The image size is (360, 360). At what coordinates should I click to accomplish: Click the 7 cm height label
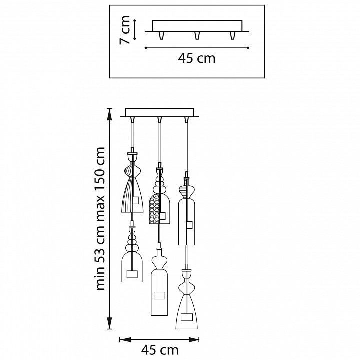tap(124, 30)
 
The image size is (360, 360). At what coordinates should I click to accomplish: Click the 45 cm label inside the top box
tap(197, 58)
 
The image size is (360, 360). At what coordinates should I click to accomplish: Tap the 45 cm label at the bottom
tap(160, 350)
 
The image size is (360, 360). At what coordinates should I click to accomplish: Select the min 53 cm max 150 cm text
tap(100, 218)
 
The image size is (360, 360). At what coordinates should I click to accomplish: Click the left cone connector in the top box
tap(162, 35)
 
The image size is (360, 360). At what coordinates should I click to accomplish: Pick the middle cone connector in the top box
tap(197, 35)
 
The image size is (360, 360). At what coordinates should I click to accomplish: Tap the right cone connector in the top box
tap(232, 35)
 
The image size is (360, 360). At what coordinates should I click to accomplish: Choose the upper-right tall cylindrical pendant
tap(186, 213)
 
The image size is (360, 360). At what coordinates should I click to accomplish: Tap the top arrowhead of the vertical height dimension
tap(110, 113)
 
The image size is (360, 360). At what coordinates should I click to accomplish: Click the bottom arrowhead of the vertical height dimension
tap(110, 324)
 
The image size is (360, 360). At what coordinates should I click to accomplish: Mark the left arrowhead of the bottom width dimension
tap(125, 340)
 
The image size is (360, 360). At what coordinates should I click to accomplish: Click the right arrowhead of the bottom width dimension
tap(194, 340)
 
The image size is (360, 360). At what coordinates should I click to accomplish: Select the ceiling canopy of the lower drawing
tap(160, 112)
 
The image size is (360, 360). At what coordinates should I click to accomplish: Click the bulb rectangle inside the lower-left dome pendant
tap(132, 274)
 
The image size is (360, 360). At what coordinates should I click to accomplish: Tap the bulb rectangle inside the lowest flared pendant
tap(186, 317)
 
